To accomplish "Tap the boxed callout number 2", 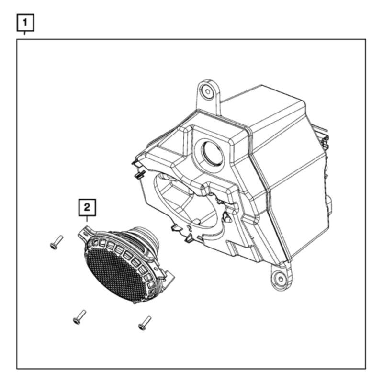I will (87, 207).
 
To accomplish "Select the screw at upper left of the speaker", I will (56, 243).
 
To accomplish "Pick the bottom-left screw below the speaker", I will (79, 316).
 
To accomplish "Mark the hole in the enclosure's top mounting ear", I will (206, 91).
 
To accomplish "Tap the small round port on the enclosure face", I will (211, 154).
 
